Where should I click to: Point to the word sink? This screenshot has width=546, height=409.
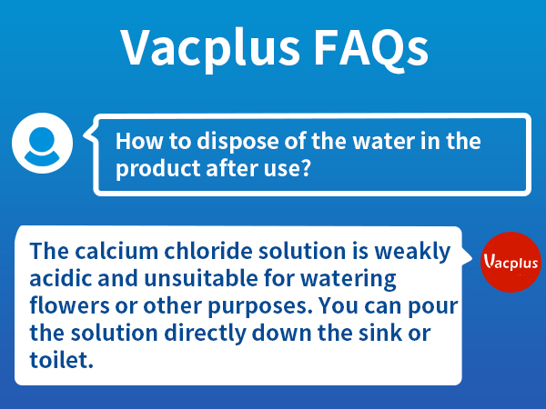click(x=383, y=333)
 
